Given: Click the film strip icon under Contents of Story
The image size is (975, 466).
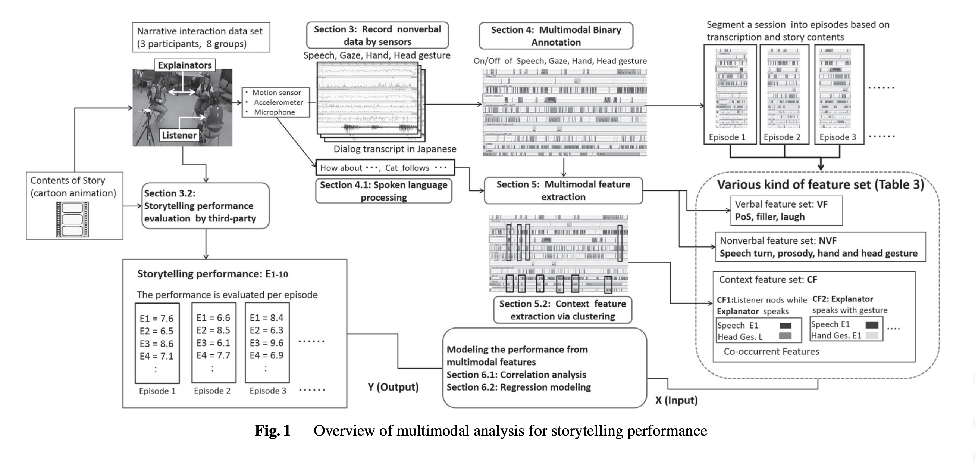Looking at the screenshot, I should (72, 219).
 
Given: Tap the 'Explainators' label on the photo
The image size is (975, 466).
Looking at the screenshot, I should (185, 65).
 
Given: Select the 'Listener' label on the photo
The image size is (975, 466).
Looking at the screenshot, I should (179, 135).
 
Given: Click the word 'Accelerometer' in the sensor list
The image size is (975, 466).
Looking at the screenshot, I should (279, 102).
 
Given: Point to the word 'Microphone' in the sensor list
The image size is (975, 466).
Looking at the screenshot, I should (275, 112).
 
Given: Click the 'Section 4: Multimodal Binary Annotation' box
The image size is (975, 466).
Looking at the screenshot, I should (556, 36).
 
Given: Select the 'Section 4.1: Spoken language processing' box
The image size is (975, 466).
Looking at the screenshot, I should (383, 191).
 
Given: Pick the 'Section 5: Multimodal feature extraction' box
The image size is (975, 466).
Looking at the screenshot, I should (563, 190).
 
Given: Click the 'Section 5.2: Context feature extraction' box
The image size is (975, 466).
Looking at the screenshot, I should (562, 310).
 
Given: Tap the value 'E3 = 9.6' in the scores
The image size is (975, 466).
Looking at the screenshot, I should (266, 343).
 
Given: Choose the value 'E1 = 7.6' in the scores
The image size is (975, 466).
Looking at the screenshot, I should (156, 319).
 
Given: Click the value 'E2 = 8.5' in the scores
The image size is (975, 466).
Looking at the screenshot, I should (213, 330).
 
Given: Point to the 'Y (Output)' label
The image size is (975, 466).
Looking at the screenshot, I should (393, 387).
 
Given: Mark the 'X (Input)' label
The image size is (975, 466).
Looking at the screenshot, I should (676, 400).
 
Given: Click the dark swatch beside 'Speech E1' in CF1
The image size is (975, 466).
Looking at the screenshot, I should (786, 326).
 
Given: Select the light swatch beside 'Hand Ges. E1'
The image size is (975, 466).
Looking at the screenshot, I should (872, 336).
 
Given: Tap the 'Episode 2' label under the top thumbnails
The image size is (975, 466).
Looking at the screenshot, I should (782, 137).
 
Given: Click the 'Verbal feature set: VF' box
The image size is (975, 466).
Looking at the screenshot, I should (786, 211).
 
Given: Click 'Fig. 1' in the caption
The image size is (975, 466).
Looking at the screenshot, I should (273, 431).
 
